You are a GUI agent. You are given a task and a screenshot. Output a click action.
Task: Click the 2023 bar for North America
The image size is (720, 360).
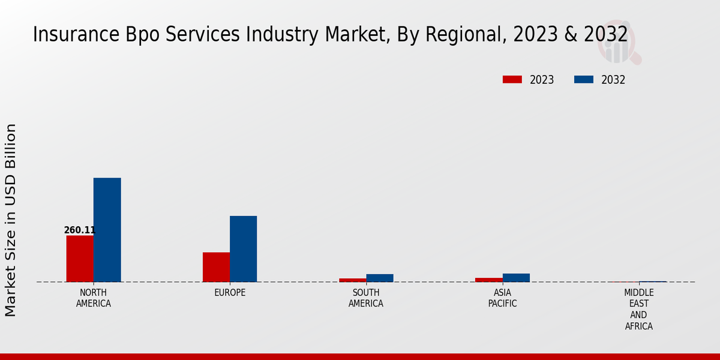[80, 259]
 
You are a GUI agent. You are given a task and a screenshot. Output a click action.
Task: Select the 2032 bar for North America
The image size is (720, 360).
[107, 230]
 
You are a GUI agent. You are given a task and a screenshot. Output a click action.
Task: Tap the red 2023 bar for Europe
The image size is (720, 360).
[216, 267]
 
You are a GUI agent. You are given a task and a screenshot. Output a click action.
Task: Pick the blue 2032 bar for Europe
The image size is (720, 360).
[243, 249]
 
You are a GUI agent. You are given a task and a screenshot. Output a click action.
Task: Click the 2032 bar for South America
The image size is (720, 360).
[380, 278]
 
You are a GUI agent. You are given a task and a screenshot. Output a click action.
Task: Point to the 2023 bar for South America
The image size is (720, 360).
[352, 280]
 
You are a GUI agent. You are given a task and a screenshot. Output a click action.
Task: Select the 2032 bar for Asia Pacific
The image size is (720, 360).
[516, 278]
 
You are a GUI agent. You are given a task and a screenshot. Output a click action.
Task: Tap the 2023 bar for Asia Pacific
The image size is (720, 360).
[488, 280]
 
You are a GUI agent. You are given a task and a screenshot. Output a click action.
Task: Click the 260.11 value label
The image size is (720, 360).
[80, 230]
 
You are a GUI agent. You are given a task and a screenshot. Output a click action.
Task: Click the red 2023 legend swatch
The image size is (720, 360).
[512, 80]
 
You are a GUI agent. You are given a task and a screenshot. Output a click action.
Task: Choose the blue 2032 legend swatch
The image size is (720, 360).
[584, 80]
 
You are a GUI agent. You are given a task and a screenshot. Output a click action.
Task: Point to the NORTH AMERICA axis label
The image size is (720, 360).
[94, 298]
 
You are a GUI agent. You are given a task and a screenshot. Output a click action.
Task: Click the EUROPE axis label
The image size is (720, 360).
[230, 293]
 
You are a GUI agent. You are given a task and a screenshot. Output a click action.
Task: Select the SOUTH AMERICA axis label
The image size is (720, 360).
[366, 298]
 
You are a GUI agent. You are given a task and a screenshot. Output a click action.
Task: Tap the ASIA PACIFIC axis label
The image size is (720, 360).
[502, 298]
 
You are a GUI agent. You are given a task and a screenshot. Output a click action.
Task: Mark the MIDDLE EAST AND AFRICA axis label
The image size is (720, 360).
[638, 310]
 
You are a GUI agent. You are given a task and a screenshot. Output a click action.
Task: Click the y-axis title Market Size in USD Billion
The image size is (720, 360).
[11, 220]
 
